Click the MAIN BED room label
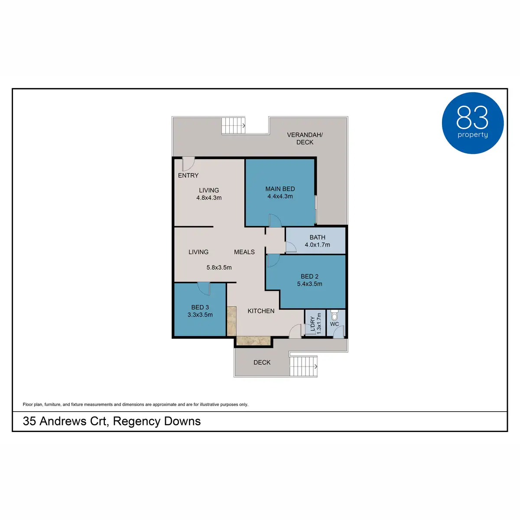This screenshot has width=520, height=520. coord(280,189)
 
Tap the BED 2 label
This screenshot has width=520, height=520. coord(309,276)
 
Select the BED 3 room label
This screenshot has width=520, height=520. coord(200,307)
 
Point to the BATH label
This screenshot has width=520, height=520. coord(317,237)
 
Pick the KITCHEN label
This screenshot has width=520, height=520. coord(261,311)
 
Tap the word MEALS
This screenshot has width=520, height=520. coord(244,252)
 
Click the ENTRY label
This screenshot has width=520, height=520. coord(188,175)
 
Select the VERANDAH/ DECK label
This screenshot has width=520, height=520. coord(305,138)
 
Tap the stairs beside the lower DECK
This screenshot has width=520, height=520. coord(303,366)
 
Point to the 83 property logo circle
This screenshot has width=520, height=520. coord(473,123)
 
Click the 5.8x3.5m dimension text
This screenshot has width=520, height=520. coord(219,268)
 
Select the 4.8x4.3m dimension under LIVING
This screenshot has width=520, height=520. coord(209,198)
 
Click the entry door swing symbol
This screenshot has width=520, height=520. coord(188,164)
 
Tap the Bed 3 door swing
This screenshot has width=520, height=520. coord(204,288)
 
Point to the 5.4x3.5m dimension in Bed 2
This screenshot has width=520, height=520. coord(309,284)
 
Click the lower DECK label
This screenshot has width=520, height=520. coord(262,363)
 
